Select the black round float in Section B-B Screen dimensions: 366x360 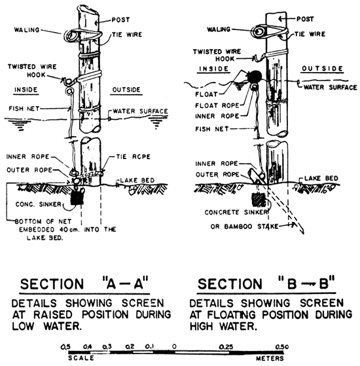pos(254,77)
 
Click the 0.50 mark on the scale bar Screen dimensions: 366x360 pos(283,344)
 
